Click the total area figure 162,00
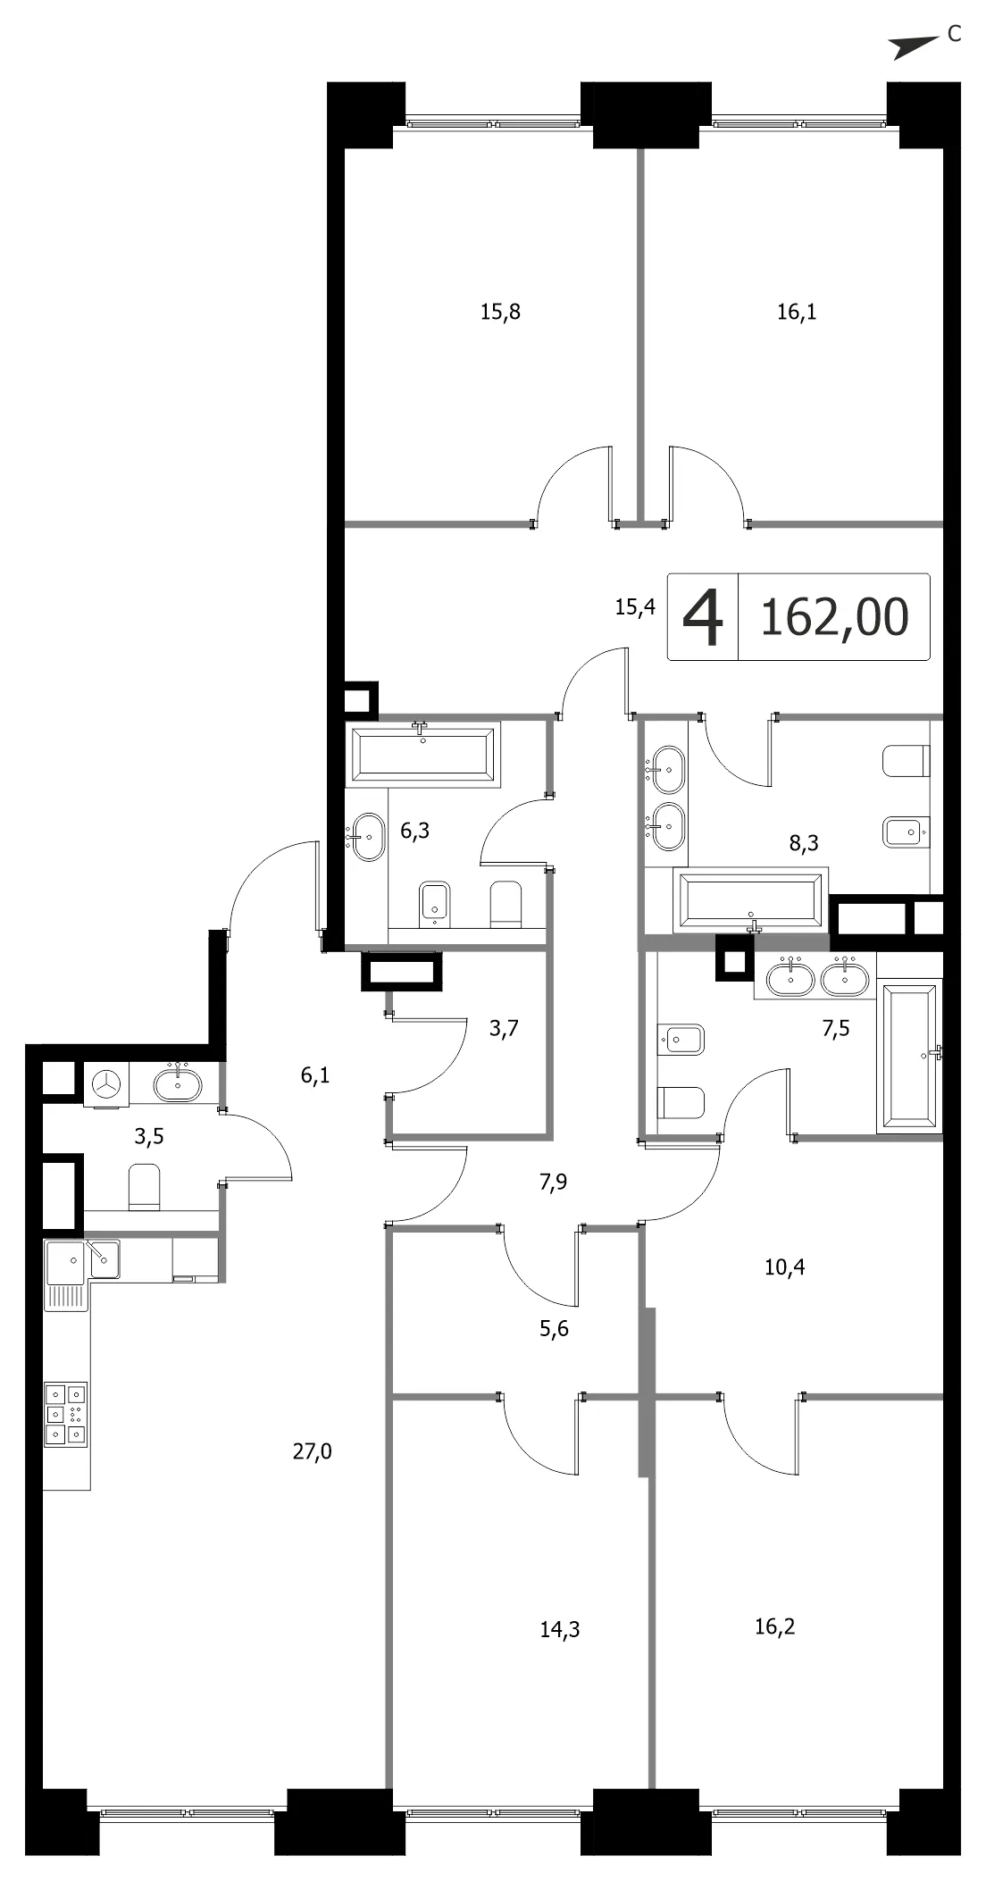click(834, 616)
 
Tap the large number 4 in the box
click(702, 617)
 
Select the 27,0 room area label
click(313, 1453)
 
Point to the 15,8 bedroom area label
click(500, 312)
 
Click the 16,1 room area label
click(797, 312)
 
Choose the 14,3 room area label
click(560, 1630)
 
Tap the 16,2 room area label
click(774, 1626)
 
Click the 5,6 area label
click(554, 1329)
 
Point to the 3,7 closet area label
click(504, 1028)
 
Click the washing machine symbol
click(107, 1085)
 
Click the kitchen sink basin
click(104, 1259)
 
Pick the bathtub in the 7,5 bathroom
click(910, 1056)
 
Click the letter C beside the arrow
click(954, 35)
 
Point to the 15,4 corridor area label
click(635, 607)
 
